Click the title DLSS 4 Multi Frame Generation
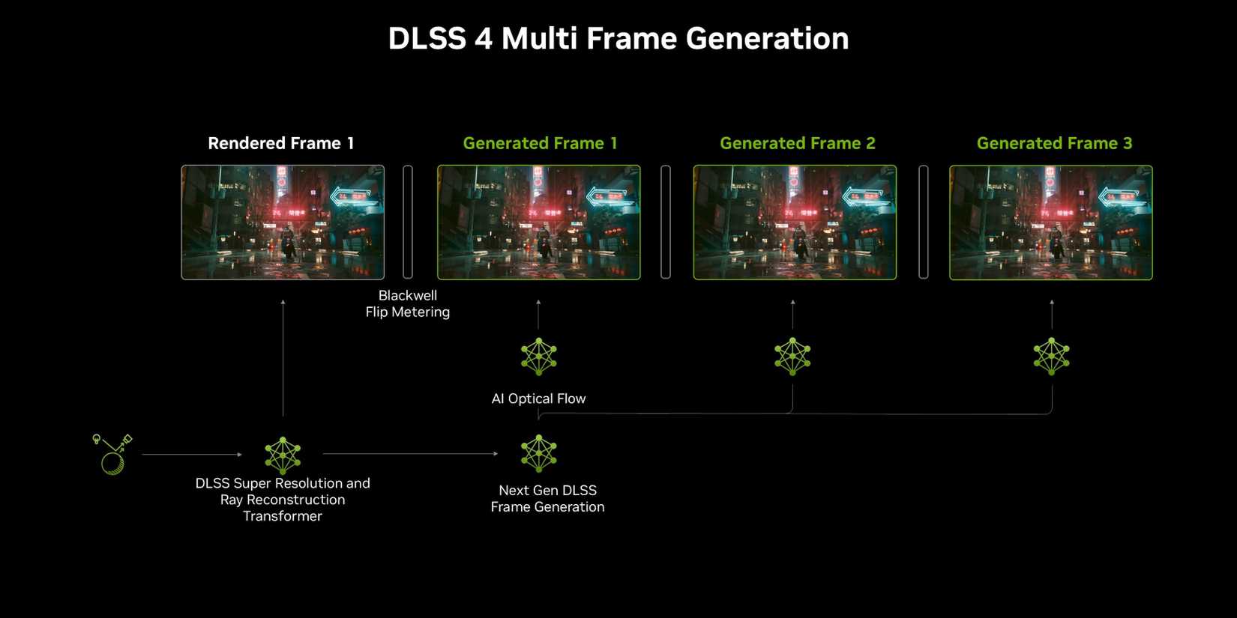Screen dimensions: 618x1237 pyautogui.click(x=618, y=39)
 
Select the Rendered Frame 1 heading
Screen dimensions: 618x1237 pyautogui.click(x=281, y=143)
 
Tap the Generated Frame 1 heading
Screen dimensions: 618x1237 pyautogui.click(x=540, y=143)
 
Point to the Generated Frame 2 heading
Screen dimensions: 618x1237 pyautogui.click(x=797, y=143)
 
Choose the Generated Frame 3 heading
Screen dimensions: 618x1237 pyautogui.click(x=1054, y=143)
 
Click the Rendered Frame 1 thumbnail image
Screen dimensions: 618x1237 pyautogui.click(x=283, y=222)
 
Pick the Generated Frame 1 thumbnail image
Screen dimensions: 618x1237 pyautogui.click(x=539, y=222)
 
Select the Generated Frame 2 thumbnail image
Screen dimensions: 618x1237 pyautogui.click(x=795, y=222)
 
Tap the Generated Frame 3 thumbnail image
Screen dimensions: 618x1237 pyautogui.click(x=1051, y=222)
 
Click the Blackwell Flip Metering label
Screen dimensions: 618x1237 pyautogui.click(x=408, y=304)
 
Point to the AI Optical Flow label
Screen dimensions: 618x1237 pyautogui.click(x=538, y=399)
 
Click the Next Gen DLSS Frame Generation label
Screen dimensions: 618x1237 pyautogui.click(x=547, y=498)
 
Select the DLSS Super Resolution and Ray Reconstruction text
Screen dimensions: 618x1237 pyautogui.click(x=283, y=500)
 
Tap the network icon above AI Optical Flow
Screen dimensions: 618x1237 pyautogui.click(x=539, y=357)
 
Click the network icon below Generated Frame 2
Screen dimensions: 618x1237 pyautogui.click(x=792, y=357)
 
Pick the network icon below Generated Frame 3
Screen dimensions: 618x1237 pyautogui.click(x=1052, y=357)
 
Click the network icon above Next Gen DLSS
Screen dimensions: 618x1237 pyautogui.click(x=539, y=453)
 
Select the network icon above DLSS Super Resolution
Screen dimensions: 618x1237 pyautogui.click(x=283, y=455)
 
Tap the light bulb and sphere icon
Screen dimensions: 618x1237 pyautogui.click(x=112, y=454)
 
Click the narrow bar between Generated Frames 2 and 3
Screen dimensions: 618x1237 pyautogui.click(x=924, y=222)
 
